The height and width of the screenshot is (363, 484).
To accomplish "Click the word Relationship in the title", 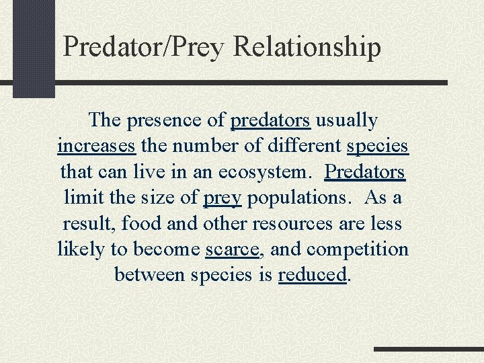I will tap(307, 47).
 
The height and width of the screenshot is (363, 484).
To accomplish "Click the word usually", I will tap(347, 120).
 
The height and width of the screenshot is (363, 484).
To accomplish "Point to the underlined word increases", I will tap(97, 146).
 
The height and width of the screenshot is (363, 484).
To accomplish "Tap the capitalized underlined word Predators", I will tap(365, 171).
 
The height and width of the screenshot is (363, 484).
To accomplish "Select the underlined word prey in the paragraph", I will tap(222, 198).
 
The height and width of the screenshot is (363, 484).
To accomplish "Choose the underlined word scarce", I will tap(232, 249).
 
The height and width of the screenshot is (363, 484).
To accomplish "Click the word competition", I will tap(358, 249).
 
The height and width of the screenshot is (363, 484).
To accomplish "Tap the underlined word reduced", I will tap(313, 275).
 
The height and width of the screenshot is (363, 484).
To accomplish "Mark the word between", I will tap(151, 275).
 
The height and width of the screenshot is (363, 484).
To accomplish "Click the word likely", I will tap(82, 249).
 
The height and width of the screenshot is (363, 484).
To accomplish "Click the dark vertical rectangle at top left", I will tap(34, 48).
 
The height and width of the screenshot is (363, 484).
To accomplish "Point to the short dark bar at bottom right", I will tap(428, 350).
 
